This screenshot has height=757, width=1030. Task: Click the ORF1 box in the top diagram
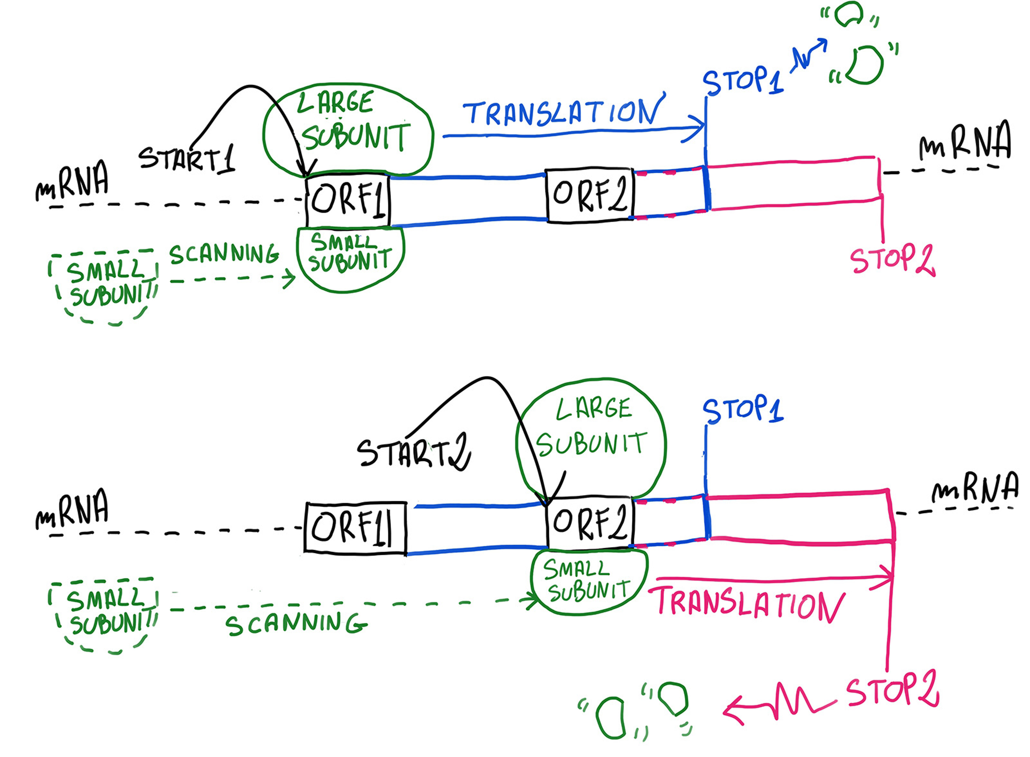pos(348,200)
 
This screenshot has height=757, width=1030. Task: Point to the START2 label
pos(413,454)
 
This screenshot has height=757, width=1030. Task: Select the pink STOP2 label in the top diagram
pos(892,261)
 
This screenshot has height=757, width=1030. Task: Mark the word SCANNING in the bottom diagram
pos(296,624)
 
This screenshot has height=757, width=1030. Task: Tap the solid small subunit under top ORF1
pos(350,259)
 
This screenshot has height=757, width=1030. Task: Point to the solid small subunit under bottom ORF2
pos(589,581)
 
